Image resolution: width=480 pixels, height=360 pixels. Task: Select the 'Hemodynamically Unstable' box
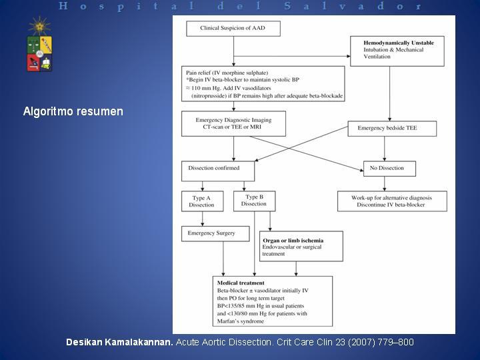point(396,50)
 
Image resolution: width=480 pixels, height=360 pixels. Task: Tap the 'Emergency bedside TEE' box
point(392,127)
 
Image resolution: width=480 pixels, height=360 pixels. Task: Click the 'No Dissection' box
point(389,169)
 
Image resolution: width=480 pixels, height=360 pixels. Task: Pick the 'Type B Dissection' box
point(254,201)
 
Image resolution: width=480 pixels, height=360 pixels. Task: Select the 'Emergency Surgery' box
point(215,233)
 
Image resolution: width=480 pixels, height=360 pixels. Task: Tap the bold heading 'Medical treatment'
point(237,283)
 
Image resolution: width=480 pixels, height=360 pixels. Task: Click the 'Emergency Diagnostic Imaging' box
point(233,123)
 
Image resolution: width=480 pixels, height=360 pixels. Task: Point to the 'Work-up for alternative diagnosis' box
point(392,201)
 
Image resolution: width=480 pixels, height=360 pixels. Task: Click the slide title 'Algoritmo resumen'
point(73,111)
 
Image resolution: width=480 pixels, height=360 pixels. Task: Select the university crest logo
point(39,45)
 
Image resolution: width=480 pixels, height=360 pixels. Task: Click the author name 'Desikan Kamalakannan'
point(119,342)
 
